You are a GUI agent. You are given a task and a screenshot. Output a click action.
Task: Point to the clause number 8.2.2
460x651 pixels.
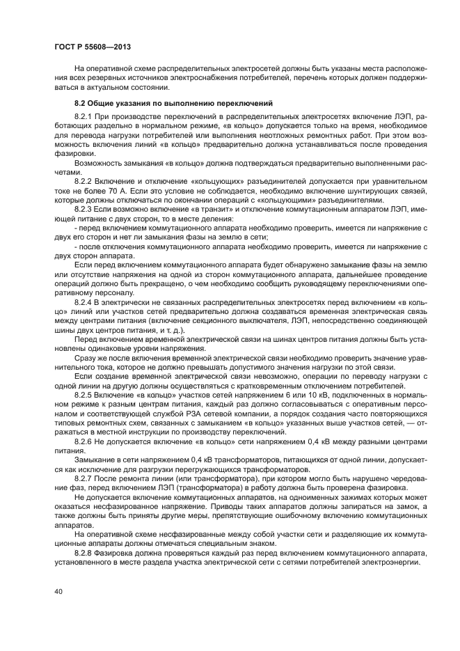pyautogui.click(x=84, y=180)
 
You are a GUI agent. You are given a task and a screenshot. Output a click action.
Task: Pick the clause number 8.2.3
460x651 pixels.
pyautogui.click(x=84, y=209)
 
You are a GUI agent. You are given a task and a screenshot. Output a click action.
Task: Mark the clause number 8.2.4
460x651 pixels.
pyautogui.click(x=84, y=303)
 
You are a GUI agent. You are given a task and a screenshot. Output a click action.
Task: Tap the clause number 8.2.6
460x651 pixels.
pyautogui.click(x=84, y=442)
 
